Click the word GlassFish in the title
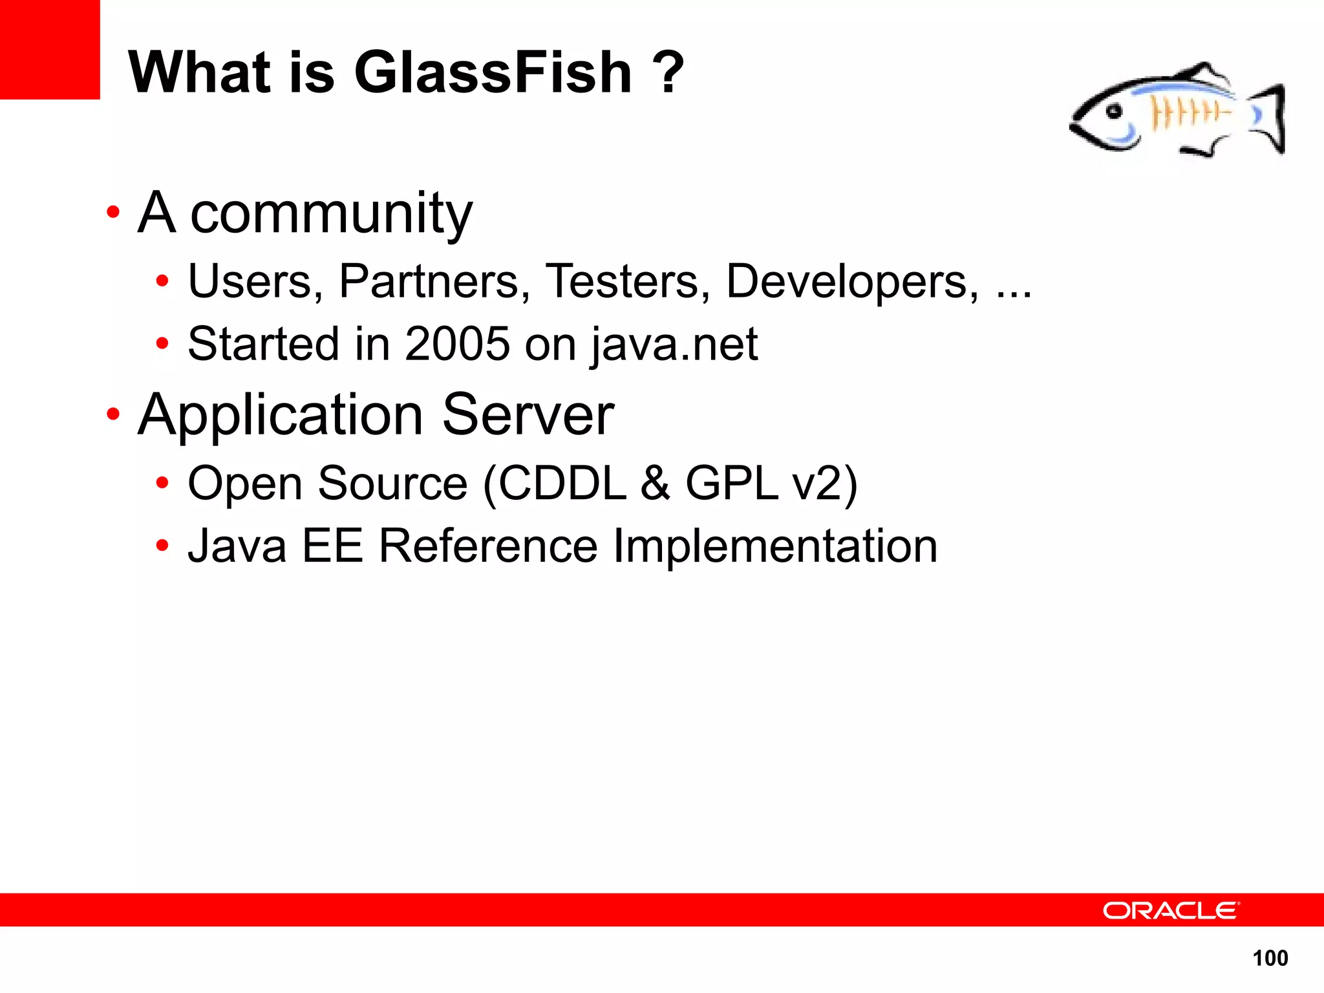[493, 72]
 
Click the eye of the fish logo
[1113, 111]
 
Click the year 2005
[458, 343]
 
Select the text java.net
[674, 345]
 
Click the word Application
[281, 416]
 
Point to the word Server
[528, 416]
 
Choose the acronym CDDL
[562, 484]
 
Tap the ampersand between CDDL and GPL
[656, 484]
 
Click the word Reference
[488, 546]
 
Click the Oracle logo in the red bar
[1171, 910]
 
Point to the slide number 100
[1270, 958]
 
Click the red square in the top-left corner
[50, 49]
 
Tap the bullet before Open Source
[162, 483]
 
